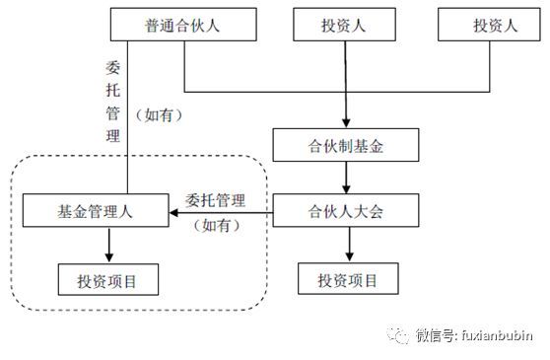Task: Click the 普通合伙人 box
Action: (x=185, y=26)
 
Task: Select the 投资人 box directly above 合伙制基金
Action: (x=345, y=26)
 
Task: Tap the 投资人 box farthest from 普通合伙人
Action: (x=490, y=26)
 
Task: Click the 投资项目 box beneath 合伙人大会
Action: (x=348, y=279)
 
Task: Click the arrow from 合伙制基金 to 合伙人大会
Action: (x=345, y=179)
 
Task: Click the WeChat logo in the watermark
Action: (x=398, y=335)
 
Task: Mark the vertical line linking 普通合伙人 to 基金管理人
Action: (x=127, y=118)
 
